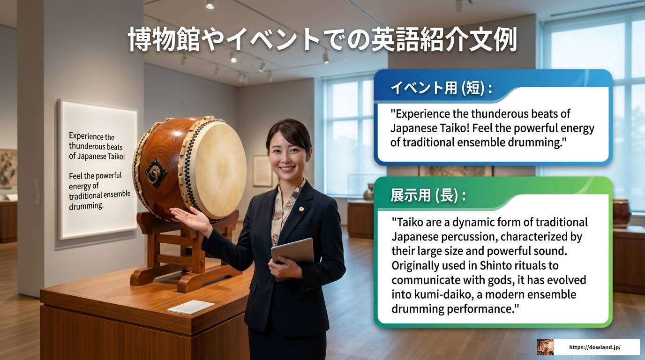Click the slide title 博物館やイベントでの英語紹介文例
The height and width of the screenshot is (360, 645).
click(x=322, y=40)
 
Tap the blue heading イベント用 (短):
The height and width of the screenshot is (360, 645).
click(x=441, y=88)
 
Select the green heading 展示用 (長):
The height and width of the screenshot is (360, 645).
click(x=427, y=195)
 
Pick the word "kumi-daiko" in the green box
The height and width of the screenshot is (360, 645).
click(x=435, y=295)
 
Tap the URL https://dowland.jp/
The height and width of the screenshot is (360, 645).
click(x=594, y=347)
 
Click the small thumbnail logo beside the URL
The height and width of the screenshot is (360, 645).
click(x=545, y=347)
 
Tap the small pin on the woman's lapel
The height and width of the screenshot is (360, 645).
click(x=301, y=208)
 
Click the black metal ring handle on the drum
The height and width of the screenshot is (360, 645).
click(x=154, y=175)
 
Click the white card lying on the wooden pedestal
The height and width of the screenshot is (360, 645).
click(x=191, y=307)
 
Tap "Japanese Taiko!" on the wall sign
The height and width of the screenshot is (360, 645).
click(x=97, y=156)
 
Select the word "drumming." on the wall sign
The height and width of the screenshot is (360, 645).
click(x=86, y=206)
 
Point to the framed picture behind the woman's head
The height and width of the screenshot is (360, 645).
click(x=262, y=171)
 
